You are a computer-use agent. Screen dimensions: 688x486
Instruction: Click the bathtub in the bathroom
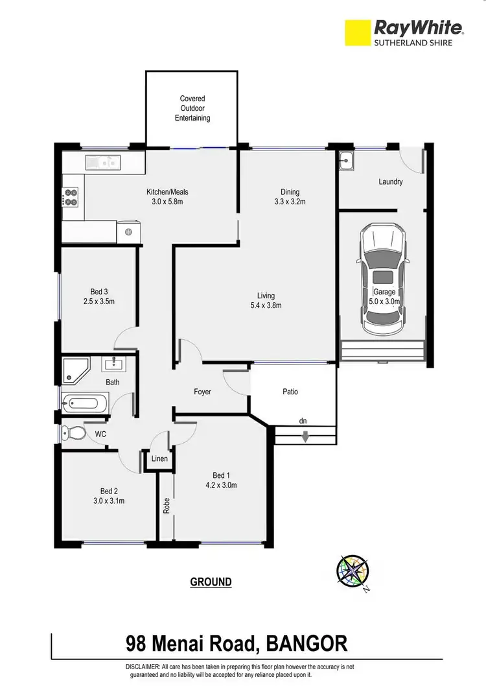coord(82,404)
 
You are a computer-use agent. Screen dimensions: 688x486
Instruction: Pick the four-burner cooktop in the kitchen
coord(70,196)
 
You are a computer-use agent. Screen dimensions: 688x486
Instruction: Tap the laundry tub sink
coord(346,160)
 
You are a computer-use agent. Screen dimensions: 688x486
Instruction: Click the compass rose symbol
coord(353,571)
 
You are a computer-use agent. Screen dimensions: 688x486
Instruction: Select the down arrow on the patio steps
coord(305,439)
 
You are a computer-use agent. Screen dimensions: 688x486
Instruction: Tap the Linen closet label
coord(159,459)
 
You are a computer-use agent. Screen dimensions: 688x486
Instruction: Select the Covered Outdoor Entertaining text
coord(192,108)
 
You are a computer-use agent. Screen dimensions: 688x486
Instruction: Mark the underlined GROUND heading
coord(211,582)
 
